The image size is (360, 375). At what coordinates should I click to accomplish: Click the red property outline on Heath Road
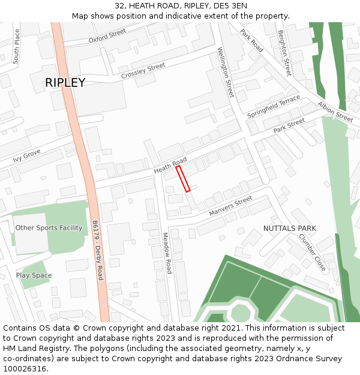[x=183, y=179]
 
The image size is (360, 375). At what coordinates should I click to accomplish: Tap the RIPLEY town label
[x=65, y=83]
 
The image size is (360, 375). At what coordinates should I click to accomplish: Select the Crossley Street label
[x=143, y=71]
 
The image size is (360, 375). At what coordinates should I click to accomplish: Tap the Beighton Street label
[x=284, y=53]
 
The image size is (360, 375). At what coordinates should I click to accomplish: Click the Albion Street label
[x=335, y=112]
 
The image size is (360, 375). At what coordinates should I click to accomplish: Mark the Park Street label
[x=289, y=126]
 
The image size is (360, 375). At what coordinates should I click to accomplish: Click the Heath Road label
[x=170, y=166]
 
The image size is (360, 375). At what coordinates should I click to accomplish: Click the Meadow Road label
[x=167, y=253]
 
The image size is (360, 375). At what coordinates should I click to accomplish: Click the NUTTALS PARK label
[x=290, y=229]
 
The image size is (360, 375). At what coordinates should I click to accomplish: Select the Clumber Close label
[x=312, y=252]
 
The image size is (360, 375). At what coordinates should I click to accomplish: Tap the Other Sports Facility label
[x=49, y=228]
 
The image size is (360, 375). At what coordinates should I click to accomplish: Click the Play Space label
[x=34, y=275]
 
